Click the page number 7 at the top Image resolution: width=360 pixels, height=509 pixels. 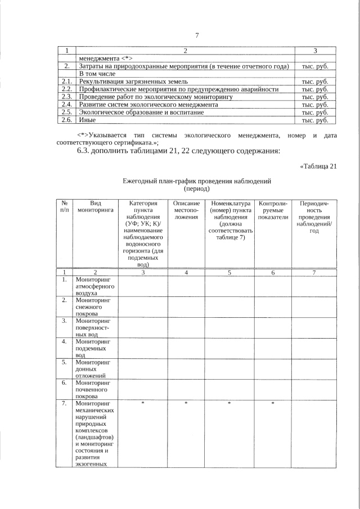tap(197, 36)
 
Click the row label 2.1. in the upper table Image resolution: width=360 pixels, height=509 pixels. tap(66, 82)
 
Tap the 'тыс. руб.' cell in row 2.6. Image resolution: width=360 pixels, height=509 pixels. tap(315, 120)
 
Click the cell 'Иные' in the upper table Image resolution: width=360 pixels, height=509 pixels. tap(87, 120)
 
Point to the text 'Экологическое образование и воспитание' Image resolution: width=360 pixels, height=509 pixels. tap(141, 112)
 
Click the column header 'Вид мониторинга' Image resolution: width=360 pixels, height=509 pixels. tap(95, 206)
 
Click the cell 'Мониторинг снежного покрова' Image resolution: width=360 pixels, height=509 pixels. tap(93, 307)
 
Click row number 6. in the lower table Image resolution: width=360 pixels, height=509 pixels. tap(65, 382)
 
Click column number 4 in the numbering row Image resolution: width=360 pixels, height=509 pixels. tap(186, 272)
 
